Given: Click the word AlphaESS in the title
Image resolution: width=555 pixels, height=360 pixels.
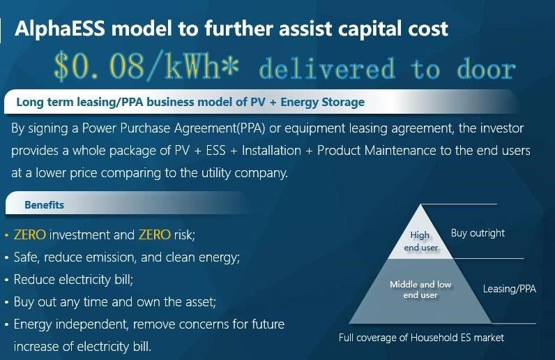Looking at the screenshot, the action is tap(60, 29).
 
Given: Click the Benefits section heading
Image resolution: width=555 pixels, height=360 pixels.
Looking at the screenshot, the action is tap(44, 205).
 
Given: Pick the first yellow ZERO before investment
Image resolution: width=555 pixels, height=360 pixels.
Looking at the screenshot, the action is tap(30, 234).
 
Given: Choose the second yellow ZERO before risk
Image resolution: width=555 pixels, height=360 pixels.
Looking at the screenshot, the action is tap(155, 234).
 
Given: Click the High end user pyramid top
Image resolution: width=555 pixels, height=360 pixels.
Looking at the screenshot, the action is tap(421, 241).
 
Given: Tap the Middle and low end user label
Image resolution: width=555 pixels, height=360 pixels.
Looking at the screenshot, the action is tap(420, 290).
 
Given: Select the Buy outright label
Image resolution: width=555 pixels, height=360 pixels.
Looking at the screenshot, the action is tap(478, 233).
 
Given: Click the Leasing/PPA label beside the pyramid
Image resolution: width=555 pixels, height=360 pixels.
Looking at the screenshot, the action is tap(510, 289).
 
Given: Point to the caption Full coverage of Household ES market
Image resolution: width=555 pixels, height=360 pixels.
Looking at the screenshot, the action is tap(421, 337).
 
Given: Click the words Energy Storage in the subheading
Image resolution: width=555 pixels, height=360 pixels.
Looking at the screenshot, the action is tap(322, 102).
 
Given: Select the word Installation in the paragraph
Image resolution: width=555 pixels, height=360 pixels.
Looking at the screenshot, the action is tap(271, 151).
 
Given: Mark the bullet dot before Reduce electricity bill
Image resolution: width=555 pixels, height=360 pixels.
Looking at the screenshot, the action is tap(7, 280).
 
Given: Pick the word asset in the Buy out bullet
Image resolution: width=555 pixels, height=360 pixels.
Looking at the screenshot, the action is tap(199, 302).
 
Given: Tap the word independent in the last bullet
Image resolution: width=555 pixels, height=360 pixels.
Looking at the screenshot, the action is tap(92, 324).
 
